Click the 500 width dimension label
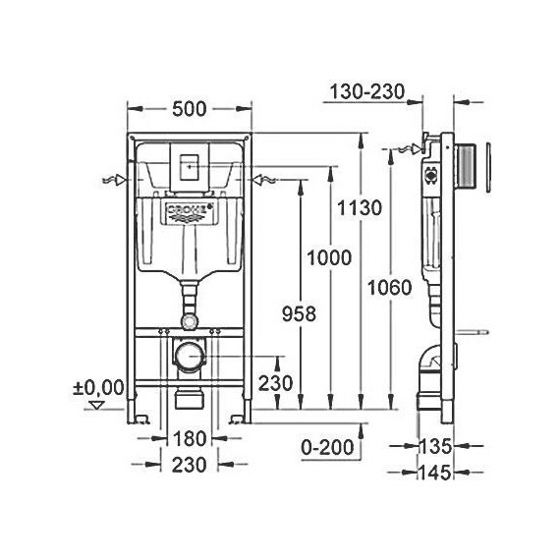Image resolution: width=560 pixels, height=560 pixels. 187,108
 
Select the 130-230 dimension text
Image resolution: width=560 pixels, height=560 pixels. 366,92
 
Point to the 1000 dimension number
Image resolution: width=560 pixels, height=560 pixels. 327,257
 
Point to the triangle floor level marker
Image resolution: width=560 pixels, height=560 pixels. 96,404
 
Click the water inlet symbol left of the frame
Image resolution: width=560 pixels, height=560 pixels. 113,181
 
